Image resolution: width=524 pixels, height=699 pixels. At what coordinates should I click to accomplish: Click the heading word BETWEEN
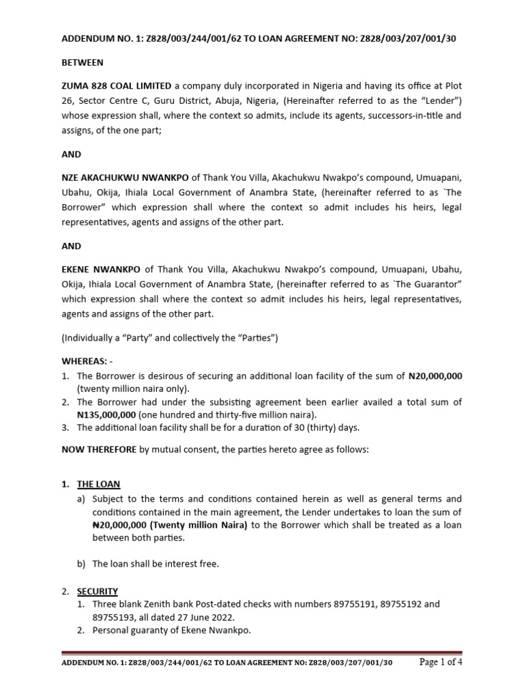tap(83, 63)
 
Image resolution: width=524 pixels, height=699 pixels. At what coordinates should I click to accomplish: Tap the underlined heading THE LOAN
tap(98, 484)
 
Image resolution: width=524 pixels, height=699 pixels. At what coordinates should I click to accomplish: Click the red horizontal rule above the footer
tap(262, 652)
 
